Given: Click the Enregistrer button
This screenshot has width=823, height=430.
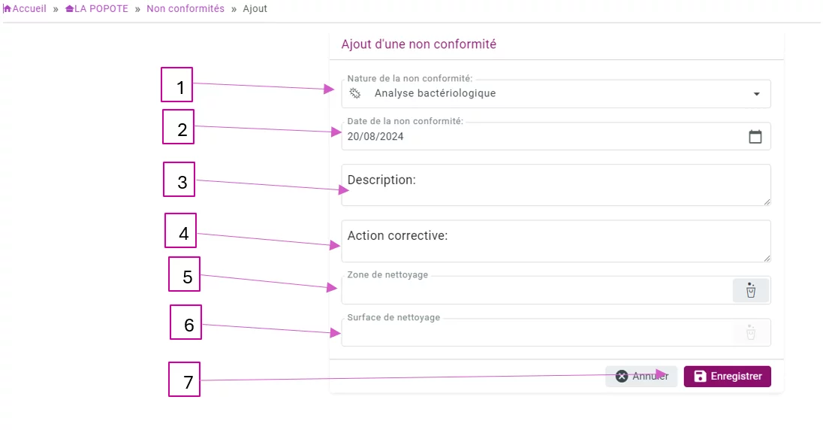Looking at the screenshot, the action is [x=727, y=377].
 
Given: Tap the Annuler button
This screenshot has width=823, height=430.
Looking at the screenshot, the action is [x=641, y=377].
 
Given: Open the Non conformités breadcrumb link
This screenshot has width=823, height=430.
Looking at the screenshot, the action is [x=185, y=8].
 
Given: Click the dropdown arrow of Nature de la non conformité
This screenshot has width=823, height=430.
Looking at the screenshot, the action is [x=756, y=94].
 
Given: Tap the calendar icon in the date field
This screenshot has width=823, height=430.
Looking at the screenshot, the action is [x=755, y=137].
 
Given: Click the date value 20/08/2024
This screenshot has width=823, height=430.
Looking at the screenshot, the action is [x=375, y=137].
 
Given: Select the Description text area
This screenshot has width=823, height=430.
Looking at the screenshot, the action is [x=556, y=185].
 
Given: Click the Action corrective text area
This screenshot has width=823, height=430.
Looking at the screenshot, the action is [x=556, y=241].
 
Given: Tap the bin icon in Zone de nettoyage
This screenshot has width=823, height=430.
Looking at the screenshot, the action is [x=751, y=290].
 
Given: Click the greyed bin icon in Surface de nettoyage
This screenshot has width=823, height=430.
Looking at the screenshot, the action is [x=751, y=332].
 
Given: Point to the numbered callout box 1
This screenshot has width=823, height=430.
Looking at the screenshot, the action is [x=177, y=85].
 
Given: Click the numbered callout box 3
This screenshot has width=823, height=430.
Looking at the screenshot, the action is [x=179, y=179].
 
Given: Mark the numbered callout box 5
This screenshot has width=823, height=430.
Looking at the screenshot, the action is [x=184, y=274].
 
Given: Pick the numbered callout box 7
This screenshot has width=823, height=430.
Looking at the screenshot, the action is [x=184, y=379].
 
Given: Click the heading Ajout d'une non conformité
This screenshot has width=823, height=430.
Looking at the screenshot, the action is [x=419, y=44].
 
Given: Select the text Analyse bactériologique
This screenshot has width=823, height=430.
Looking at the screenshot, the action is [x=435, y=93].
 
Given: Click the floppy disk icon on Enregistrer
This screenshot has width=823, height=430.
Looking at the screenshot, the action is [x=700, y=377].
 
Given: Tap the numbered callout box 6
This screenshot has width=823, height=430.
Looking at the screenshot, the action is [x=185, y=322].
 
